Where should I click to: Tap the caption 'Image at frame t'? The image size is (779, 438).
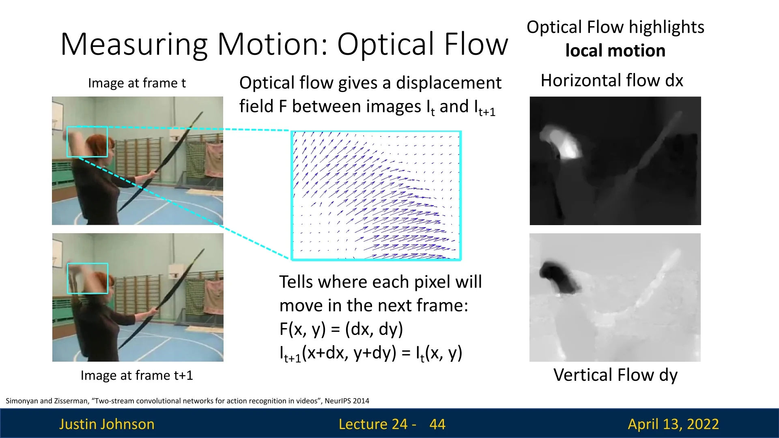pos(137,83)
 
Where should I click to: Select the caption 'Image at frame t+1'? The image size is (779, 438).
pos(137,376)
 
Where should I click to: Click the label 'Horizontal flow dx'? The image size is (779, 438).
pos(612,80)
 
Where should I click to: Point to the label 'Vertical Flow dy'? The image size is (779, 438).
pos(615,376)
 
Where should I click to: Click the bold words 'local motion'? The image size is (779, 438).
pos(615,51)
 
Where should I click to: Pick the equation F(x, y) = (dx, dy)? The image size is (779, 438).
pos(341,329)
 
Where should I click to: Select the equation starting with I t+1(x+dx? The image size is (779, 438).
pos(371,353)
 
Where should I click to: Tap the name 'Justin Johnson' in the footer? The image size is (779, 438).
pos(107,424)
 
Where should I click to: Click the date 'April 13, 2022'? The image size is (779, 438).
pos(673,424)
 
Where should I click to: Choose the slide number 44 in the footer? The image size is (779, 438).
pos(437,424)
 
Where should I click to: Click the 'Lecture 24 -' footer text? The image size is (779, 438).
pos(377,424)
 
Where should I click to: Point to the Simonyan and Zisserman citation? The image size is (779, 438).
pos(187,401)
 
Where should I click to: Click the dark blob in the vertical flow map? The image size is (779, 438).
pos(558,276)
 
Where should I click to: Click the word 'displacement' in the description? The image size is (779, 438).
pos(449,83)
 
